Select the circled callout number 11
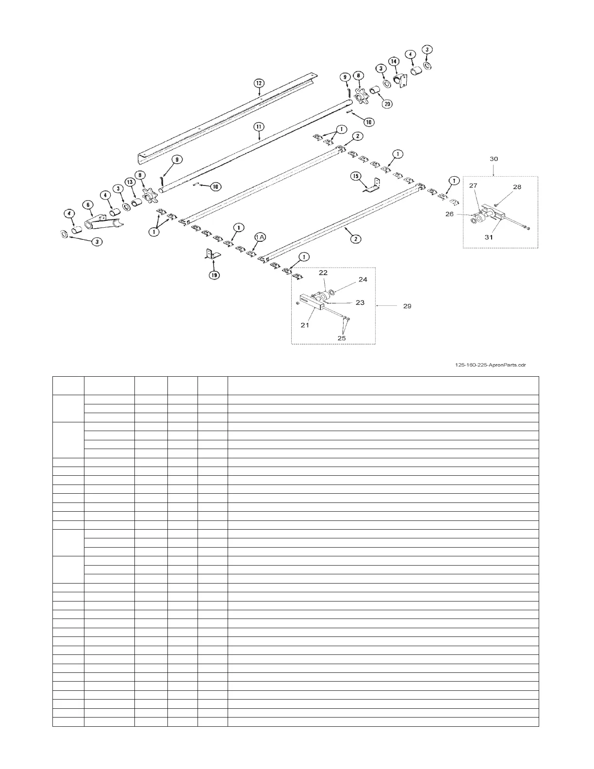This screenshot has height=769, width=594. click(259, 126)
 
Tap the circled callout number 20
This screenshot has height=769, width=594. click(387, 103)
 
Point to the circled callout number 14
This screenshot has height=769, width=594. click(394, 62)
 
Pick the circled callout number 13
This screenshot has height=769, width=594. click(130, 181)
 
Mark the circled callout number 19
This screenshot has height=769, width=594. click(214, 275)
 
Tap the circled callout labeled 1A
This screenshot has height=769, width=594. click(260, 236)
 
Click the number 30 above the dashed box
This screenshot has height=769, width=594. click(494, 159)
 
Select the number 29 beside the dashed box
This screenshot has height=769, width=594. click(407, 306)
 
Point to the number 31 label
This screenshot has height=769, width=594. click(488, 237)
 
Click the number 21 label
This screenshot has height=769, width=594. click(304, 325)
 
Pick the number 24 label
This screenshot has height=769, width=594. click(363, 279)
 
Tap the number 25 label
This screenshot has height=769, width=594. click(342, 337)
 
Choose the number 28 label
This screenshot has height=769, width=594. click(517, 187)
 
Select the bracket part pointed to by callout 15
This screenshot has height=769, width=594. click(374, 186)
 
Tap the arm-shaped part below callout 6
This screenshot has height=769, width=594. click(103, 222)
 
